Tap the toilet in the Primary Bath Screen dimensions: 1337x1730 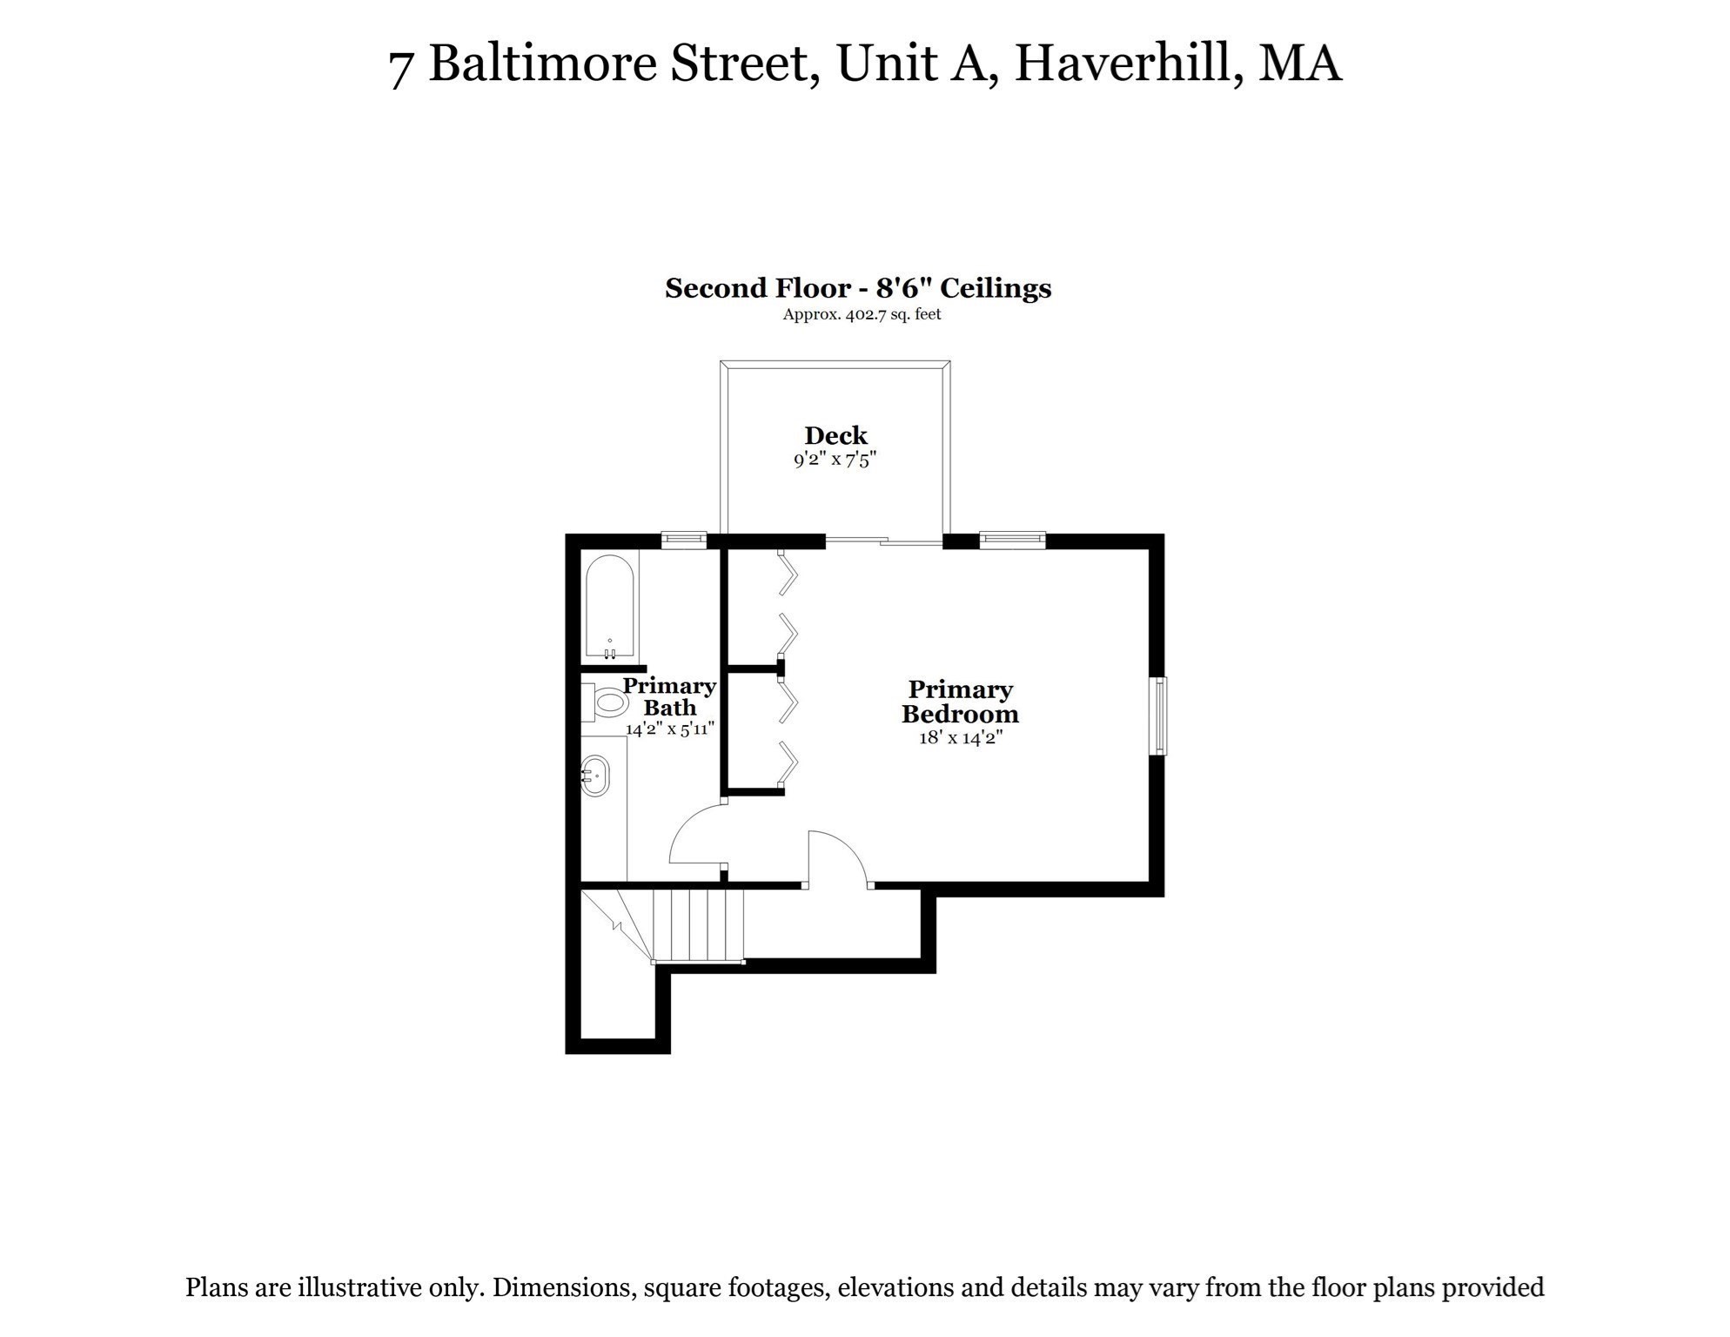tap(607, 702)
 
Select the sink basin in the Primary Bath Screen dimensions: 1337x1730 tap(596, 775)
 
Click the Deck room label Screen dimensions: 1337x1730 tap(835, 435)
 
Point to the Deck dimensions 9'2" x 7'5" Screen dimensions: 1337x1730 tap(835, 460)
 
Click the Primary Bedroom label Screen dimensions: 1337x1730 tap(960, 702)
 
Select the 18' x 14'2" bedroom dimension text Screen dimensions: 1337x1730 tap(961, 738)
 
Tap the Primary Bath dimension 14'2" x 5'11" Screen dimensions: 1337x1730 tap(670, 729)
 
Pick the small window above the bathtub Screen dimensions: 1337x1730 tap(684, 541)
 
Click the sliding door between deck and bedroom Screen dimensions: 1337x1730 tap(883, 541)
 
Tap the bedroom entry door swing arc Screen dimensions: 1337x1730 tap(837, 858)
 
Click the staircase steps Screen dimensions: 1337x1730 tap(699, 924)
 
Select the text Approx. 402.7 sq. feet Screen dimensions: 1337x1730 tap(862, 314)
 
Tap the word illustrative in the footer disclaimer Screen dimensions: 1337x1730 tap(359, 1287)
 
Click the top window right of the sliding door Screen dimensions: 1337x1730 tap(1012, 541)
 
